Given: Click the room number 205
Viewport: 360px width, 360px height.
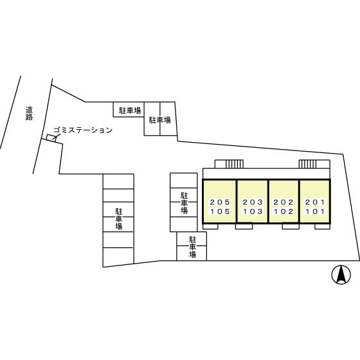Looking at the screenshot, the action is pos(220,202).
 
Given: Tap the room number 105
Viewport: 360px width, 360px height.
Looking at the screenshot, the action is pos(220,212).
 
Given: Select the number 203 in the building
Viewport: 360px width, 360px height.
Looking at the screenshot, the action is pos(253,202).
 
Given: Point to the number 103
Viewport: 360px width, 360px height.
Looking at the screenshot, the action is pos(253,212).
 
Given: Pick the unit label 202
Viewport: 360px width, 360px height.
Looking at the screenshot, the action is pos(283,202).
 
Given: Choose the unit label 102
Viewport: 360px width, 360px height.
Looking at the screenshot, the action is pos(283,212).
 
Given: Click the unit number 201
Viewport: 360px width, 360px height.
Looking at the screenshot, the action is pos(315,202).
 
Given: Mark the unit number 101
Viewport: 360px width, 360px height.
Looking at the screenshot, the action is pos(315,212).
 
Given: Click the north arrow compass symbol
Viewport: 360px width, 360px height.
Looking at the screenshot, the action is pos(341,275).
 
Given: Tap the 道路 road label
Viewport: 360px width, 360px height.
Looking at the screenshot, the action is pos(29,113).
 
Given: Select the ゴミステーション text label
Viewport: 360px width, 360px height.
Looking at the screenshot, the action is pos(83,130).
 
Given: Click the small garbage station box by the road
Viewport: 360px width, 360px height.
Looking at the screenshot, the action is pos(51,138).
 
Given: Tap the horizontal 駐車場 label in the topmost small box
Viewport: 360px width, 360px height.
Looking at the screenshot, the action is pos(130,111).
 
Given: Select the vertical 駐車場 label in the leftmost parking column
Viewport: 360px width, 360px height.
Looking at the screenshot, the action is pos(119,219).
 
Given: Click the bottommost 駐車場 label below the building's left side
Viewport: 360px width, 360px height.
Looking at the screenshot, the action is pos(192,247).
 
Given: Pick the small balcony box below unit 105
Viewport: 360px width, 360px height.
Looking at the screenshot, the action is pos(210,226).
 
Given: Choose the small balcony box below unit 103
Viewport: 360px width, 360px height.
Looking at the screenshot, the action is pos(244,226).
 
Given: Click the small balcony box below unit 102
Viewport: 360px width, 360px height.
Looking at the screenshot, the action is pos(291,226).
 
